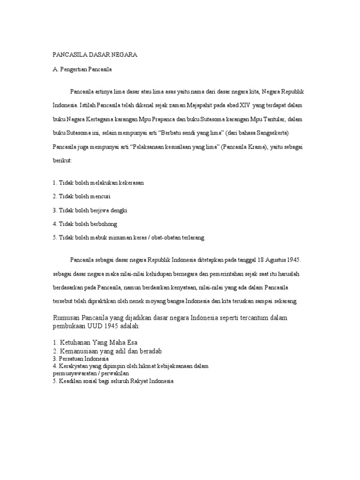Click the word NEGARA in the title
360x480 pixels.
click(124, 55)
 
